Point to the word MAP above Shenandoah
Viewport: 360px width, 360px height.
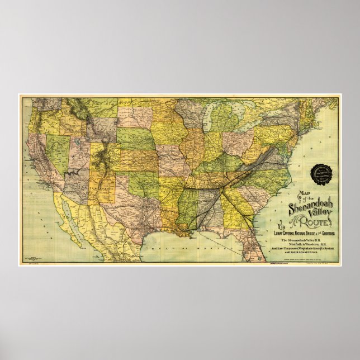coord(305,194)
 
